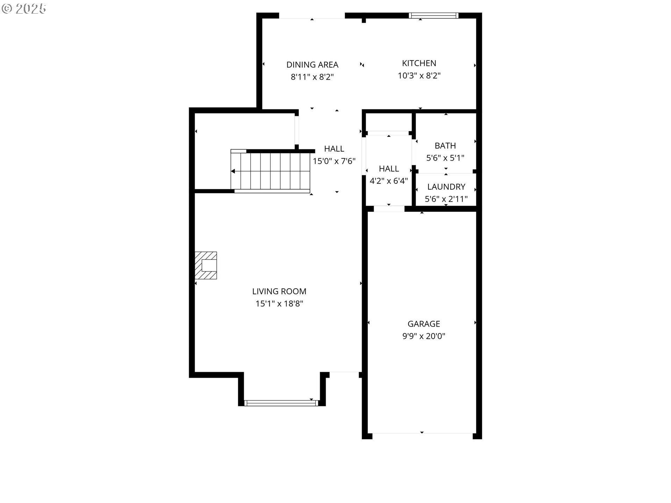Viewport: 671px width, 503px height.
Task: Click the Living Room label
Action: coord(279,291)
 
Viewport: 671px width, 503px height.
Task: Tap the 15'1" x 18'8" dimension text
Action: coord(279,304)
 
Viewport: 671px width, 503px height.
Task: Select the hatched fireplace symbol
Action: coord(206,265)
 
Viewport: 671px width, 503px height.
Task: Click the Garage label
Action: coord(424,324)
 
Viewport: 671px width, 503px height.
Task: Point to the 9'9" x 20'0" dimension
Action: coord(424,336)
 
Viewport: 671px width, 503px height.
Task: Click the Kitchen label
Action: coord(419,63)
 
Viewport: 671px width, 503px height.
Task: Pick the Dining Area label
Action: coord(312,65)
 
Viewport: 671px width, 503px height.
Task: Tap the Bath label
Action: coord(445,146)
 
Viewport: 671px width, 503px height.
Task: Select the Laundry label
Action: coord(446,187)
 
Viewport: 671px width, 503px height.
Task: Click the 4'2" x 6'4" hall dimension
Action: coord(389,181)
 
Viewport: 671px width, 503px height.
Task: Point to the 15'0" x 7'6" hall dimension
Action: coord(334,161)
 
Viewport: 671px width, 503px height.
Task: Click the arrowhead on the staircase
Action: coord(233,171)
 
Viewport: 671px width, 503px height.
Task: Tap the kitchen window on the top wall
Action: coord(433,15)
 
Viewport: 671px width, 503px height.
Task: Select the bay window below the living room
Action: coord(281,403)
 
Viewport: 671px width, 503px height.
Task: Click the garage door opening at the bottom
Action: coord(422,433)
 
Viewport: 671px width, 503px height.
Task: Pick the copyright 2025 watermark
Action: coord(24,9)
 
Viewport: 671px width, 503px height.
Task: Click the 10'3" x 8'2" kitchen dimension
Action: coord(419,75)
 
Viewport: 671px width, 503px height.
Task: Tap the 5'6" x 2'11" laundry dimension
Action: coord(446,199)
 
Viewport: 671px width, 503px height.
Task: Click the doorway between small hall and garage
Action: coord(389,209)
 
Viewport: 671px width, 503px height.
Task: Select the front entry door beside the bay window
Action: coord(344,372)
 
